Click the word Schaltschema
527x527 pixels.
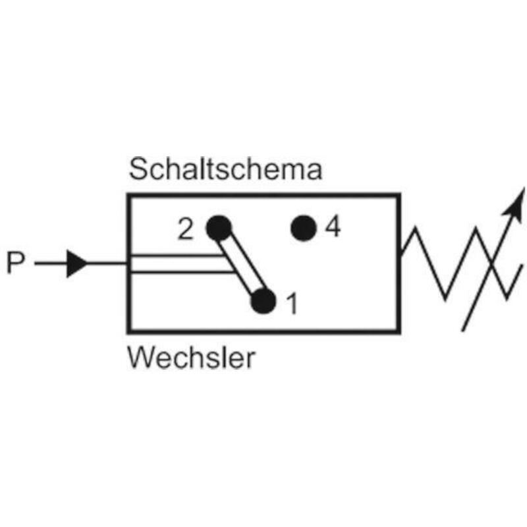(x=225, y=169)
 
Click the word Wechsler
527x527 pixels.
(x=191, y=358)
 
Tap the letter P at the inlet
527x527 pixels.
(x=16, y=263)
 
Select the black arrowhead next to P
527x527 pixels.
(x=77, y=263)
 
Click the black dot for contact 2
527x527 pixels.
(x=219, y=228)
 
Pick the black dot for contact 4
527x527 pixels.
(x=304, y=228)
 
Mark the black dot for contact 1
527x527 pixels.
(x=263, y=301)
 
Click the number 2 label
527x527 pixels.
(x=186, y=229)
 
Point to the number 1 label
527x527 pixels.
(x=292, y=304)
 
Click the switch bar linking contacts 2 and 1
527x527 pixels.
(x=241, y=265)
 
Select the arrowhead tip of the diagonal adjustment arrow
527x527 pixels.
(x=524, y=188)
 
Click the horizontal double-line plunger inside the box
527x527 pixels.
(x=182, y=264)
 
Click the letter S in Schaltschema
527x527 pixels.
(x=138, y=169)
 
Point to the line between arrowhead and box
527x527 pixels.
(x=107, y=263)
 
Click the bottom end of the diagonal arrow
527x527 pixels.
(x=463, y=331)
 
